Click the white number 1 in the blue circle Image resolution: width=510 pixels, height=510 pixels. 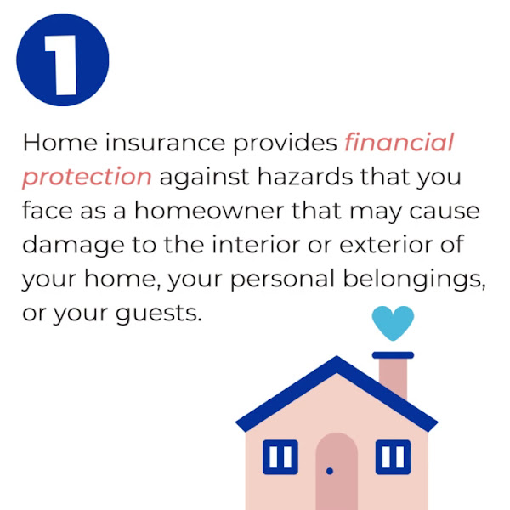click(x=61, y=65)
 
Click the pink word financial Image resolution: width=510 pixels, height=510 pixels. click(x=399, y=143)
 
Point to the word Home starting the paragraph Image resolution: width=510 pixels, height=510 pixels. click(x=60, y=143)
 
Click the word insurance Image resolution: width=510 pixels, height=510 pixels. click(x=165, y=143)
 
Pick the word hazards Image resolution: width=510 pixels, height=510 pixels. click(x=305, y=177)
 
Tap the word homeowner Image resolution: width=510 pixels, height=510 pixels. click(x=209, y=211)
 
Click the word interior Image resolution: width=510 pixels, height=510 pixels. click(x=257, y=244)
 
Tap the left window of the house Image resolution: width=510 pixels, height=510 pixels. click(x=280, y=457)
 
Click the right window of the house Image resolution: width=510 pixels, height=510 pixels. click(x=393, y=457)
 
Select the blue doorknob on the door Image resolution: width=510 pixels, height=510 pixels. click(x=330, y=471)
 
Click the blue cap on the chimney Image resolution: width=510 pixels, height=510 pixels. click(x=393, y=355)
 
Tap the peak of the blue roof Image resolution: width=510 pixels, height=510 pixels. click(x=337, y=357)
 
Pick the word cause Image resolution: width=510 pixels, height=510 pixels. click(x=445, y=211)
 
